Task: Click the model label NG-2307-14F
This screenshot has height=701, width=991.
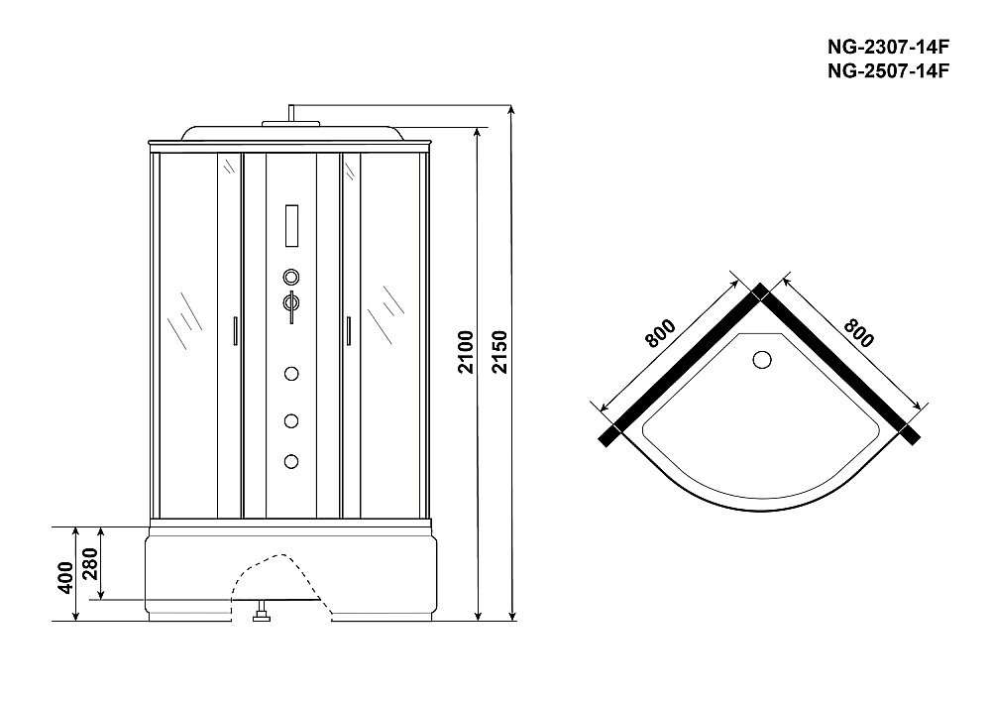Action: [888, 47]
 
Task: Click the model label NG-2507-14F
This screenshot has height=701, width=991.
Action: [888, 70]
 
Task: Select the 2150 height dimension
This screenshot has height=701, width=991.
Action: [499, 351]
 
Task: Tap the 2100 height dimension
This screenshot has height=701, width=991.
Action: [466, 351]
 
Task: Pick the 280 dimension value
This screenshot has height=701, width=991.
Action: [90, 563]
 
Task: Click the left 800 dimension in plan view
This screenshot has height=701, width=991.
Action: [660, 334]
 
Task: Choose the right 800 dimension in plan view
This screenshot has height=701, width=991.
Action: [859, 333]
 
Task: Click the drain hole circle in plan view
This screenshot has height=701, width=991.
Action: [762, 360]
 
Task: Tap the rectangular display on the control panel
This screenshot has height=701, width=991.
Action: [292, 226]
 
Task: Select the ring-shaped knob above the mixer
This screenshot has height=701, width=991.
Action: [291, 277]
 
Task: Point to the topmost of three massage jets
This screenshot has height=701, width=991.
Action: [291, 374]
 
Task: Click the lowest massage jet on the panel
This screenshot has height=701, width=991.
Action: [291, 461]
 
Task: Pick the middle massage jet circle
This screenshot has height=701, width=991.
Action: [291, 420]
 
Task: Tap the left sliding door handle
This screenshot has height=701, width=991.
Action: [235, 331]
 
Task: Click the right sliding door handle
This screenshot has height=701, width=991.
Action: [348, 331]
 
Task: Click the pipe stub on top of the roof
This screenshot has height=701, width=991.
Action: [291, 112]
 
